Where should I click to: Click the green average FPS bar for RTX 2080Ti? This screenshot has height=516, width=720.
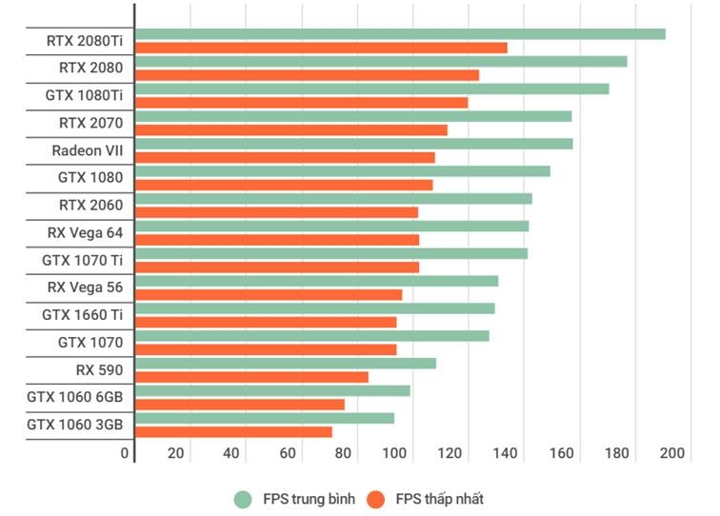(x=400, y=34)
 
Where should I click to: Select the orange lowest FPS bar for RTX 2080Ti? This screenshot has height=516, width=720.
(x=321, y=48)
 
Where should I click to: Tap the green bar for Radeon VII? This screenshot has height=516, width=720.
(x=353, y=144)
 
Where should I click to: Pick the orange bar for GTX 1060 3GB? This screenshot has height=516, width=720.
(x=233, y=431)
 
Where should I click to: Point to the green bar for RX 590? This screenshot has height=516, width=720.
(x=286, y=363)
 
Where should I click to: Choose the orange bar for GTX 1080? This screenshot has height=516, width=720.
(x=284, y=185)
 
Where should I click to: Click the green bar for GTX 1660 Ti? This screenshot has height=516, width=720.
(x=314, y=308)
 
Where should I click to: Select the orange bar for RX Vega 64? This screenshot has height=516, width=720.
(x=277, y=240)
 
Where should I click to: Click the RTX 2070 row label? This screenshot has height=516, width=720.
(x=90, y=123)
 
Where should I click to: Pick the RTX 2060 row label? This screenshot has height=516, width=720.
(x=90, y=205)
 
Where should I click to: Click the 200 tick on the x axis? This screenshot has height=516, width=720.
(x=672, y=453)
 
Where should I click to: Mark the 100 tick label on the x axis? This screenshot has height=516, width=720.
(x=395, y=453)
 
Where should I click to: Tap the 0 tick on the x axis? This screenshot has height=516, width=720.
(x=125, y=453)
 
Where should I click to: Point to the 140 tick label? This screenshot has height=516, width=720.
(x=507, y=453)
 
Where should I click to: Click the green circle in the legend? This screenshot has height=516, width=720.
(x=243, y=499)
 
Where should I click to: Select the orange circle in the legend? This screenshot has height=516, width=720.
(x=376, y=499)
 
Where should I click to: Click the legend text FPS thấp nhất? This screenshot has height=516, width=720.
(x=439, y=499)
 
